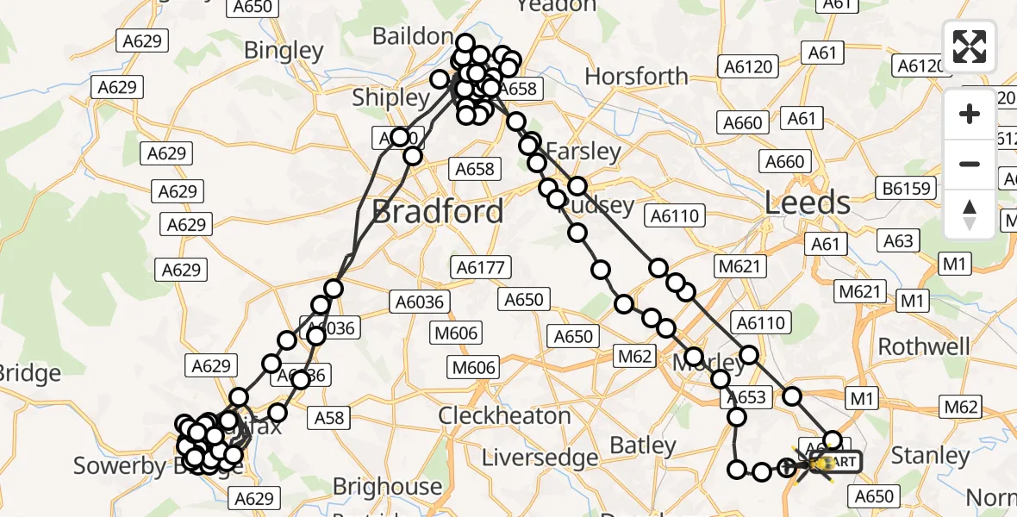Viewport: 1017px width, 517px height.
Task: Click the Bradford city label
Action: click(437, 212)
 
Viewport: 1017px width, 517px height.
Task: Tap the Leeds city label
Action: click(808, 203)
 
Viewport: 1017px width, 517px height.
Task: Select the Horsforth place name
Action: click(636, 77)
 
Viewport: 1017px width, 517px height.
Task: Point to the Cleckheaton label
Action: click(504, 415)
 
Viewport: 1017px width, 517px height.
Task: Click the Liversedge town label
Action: click(540, 457)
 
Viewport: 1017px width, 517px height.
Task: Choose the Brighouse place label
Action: click(387, 487)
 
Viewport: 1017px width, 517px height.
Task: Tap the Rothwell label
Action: click(924, 346)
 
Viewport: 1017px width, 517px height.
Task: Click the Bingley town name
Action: click(283, 50)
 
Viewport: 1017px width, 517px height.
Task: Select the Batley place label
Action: click(642, 445)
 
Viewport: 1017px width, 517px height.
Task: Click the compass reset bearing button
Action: click(970, 214)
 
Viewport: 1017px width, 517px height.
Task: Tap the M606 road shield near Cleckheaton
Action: click(474, 368)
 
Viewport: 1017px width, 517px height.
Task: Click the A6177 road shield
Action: click(481, 268)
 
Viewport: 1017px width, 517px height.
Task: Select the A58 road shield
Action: click(329, 419)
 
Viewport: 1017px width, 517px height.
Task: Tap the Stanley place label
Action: click(930, 455)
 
